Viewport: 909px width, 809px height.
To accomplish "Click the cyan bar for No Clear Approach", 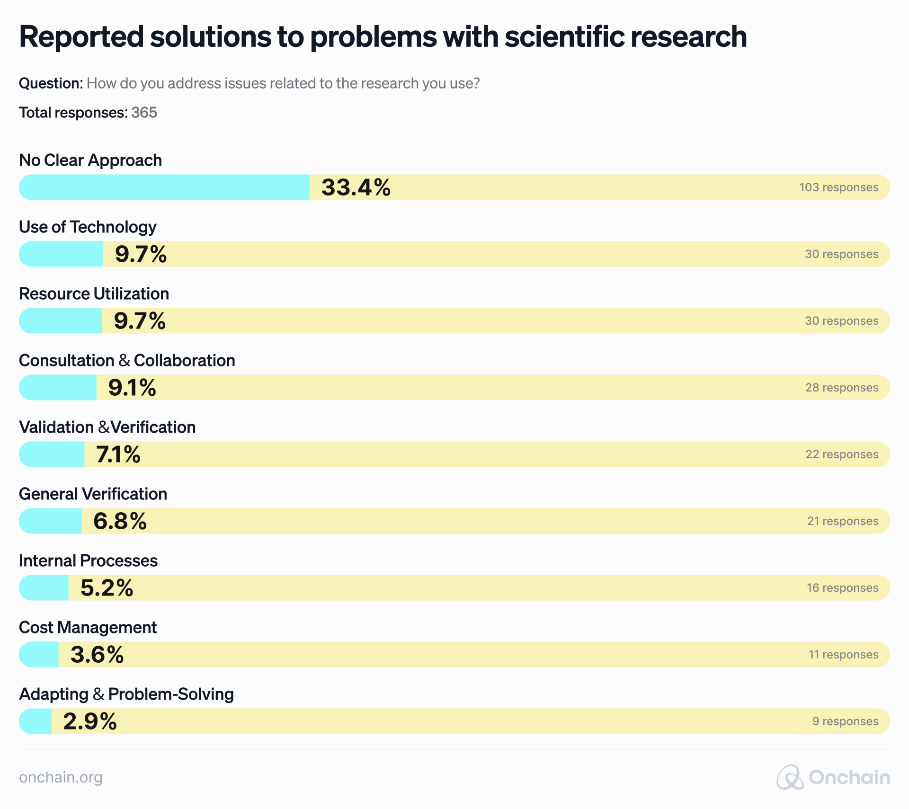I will tap(164, 187).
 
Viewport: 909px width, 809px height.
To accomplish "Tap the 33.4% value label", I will tap(356, 187).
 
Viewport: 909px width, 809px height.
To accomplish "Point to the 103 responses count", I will tap(838, 187).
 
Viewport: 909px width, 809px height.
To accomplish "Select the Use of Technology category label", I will tap(88, 227).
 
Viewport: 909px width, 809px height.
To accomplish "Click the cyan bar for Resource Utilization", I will tap(61, 320).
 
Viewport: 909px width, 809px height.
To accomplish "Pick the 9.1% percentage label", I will tap(132, 387).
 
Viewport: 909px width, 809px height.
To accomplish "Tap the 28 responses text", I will tap(842, 388).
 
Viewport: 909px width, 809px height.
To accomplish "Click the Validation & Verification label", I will tap(107, 427).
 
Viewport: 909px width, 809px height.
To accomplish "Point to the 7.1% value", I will tap(118, 454).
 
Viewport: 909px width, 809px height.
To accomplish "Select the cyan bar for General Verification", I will tap(50, 521).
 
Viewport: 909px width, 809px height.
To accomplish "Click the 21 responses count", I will tap(843, 521).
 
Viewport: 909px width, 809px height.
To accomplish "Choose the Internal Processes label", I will tap(88, 560).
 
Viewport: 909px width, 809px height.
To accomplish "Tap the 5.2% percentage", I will tap(107, 587).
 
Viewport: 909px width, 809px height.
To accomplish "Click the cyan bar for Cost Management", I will tap(39, 654).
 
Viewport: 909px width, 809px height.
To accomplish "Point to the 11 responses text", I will tap(843, 655).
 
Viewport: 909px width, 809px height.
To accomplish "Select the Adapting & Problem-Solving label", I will tap(126, 694).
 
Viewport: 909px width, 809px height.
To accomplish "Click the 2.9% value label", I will tap(90, 721).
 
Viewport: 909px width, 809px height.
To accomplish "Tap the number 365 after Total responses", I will tap(144, 113).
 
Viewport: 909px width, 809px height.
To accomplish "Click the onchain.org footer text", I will tap(61, 777).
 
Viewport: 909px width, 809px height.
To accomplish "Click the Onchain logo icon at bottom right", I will tap(790, 777).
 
